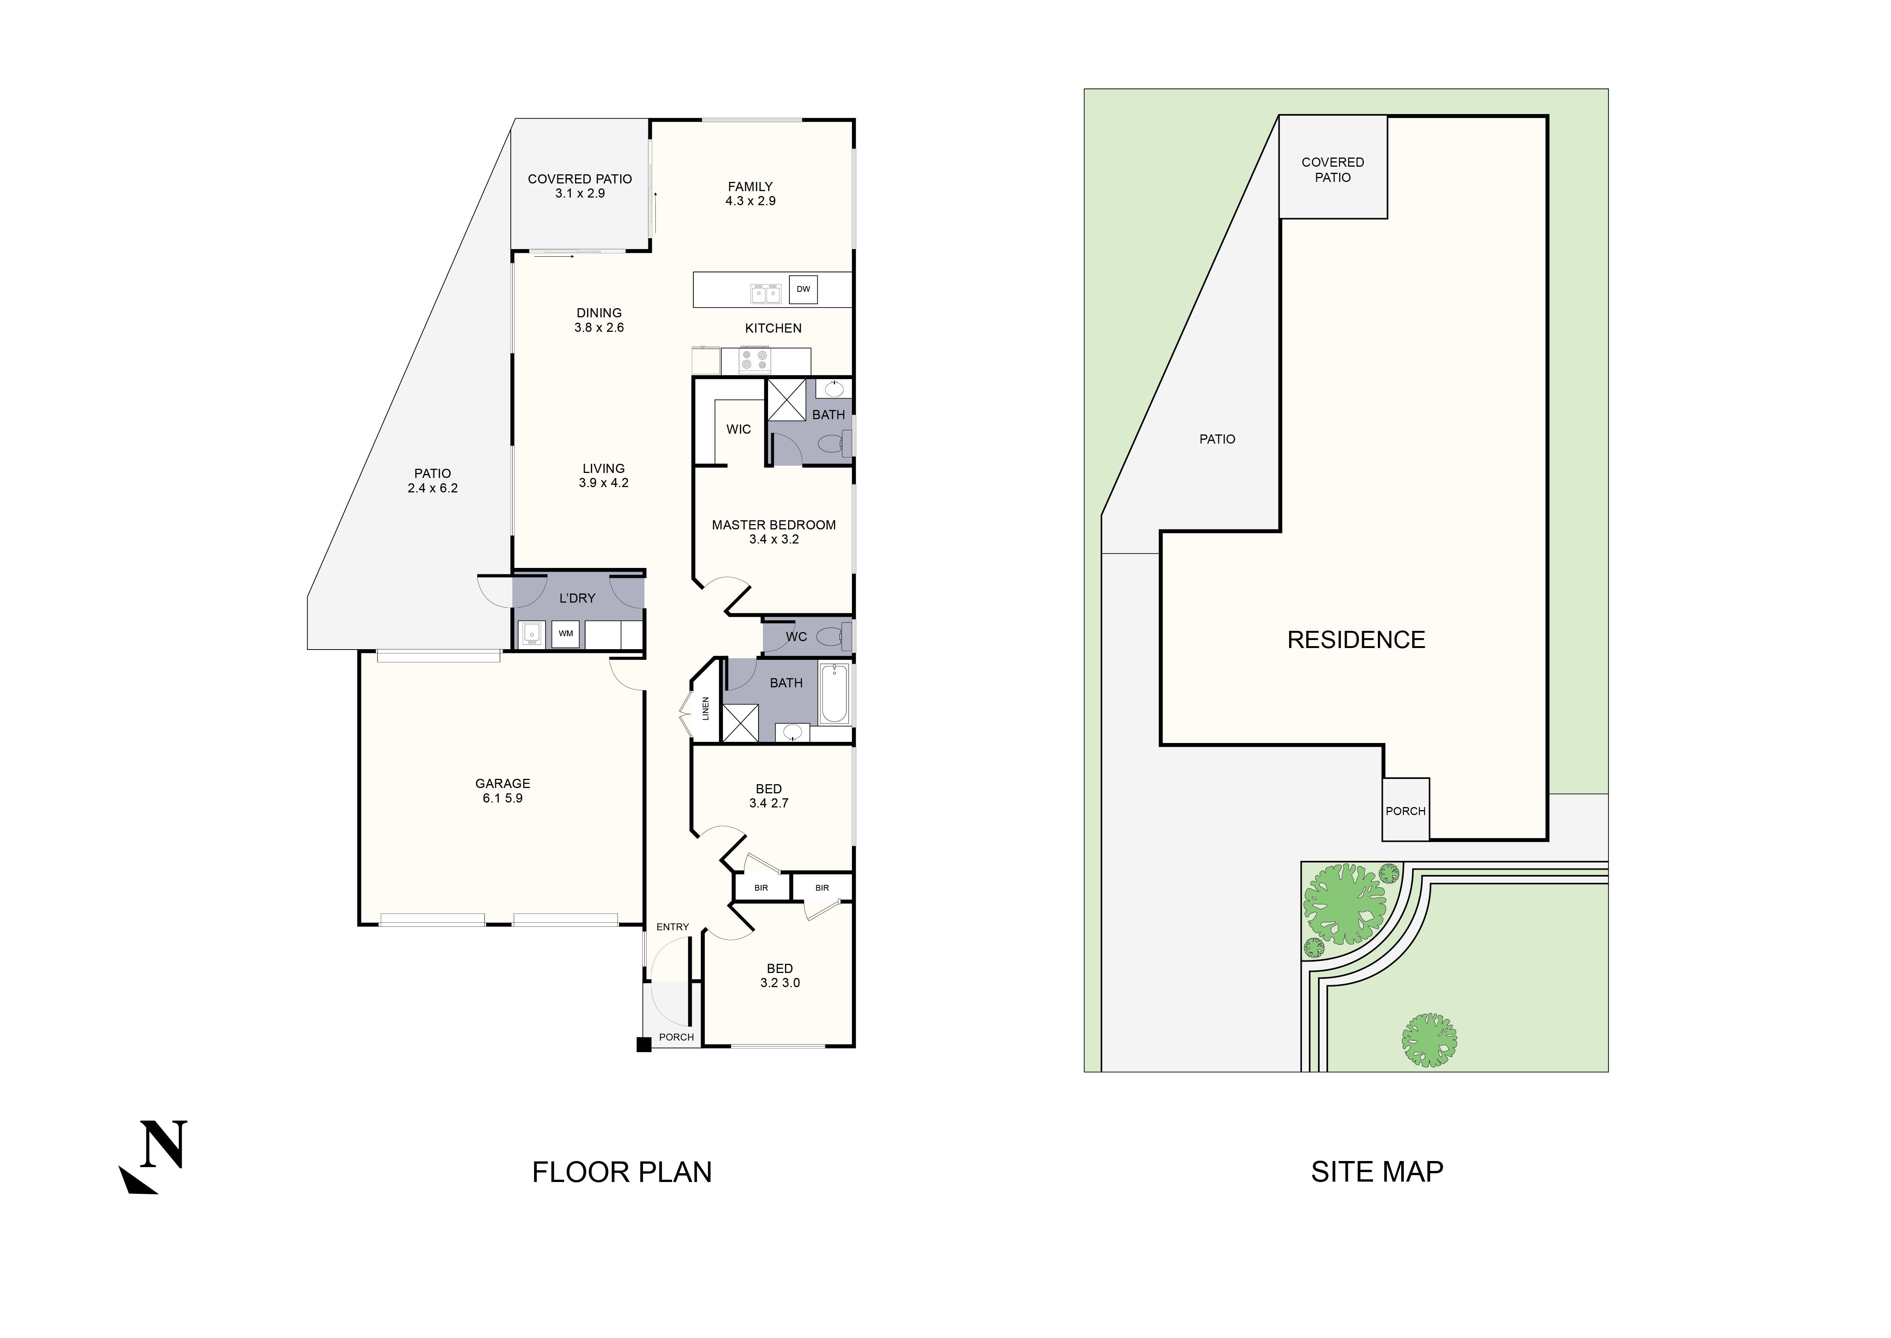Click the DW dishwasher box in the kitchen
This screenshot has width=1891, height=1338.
803,289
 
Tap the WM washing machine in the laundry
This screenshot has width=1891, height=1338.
566,634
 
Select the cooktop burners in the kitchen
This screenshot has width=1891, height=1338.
754,360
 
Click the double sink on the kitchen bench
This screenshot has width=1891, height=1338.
766,293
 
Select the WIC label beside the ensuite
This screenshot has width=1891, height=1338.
738,429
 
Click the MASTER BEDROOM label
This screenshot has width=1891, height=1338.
773,525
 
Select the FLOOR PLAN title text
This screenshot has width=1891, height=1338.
622,1172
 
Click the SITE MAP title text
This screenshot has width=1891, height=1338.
1377,1172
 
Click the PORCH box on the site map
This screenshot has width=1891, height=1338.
1405,811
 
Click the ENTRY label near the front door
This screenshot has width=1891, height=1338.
672,927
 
